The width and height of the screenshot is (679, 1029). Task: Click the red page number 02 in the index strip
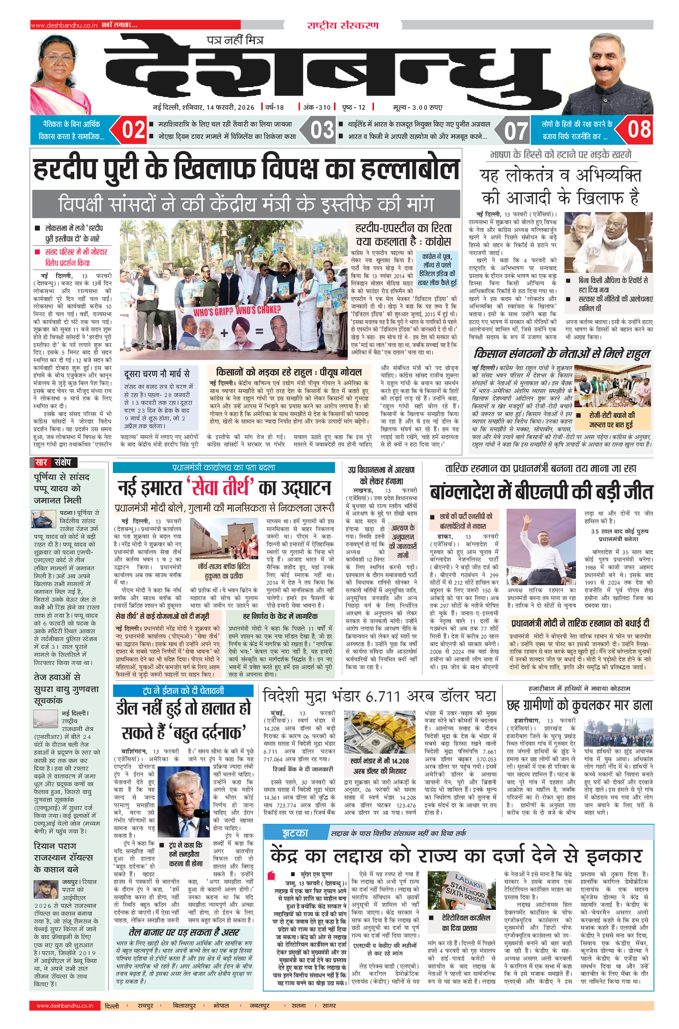[x=133, y=130]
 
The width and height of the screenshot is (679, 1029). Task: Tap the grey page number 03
[x=322, y=130]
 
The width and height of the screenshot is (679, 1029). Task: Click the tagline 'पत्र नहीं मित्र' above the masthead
[x=235, y=40]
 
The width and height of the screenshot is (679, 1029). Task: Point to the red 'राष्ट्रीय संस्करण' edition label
[x=342, y=25]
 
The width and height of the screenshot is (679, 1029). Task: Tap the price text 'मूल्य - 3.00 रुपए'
[x=417, y=107]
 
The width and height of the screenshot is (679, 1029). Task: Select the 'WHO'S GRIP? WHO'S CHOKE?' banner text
[x=237, y=310]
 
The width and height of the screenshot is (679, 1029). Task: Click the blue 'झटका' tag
[x=295, y=833]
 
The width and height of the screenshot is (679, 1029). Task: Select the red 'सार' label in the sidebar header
[x=41, y=462]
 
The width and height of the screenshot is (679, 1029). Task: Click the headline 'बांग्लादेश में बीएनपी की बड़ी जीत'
[x=541, y=492]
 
